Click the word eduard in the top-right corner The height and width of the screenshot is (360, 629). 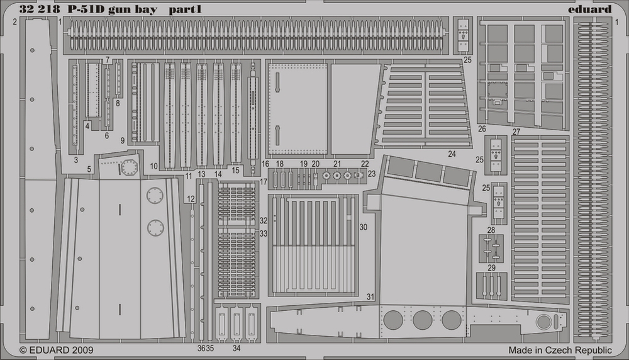(590, 9)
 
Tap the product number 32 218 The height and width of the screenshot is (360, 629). (40, 9)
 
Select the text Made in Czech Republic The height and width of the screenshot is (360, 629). (560, 350)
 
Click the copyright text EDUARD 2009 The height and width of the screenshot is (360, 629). (57, 350)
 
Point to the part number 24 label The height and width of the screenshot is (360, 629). (452, 154)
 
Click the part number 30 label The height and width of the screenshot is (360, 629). (363, 227)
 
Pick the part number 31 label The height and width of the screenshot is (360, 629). (370, 297)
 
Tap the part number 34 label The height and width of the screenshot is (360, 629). (237, 349)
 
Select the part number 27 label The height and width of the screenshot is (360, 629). (516, 132)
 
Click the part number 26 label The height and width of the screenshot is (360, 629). (482, 129)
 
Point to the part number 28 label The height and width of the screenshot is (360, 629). (491, 230)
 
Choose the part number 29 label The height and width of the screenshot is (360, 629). (491, 267)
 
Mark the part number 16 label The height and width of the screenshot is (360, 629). (265, 164)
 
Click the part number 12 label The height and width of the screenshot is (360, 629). (191, 199)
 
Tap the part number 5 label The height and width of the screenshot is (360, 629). (89, 169)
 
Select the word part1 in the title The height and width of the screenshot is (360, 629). (185, 9)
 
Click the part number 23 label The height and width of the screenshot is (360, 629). (372, 174)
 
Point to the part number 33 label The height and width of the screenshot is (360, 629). (263, 233)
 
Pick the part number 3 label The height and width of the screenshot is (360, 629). (76, 160)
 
